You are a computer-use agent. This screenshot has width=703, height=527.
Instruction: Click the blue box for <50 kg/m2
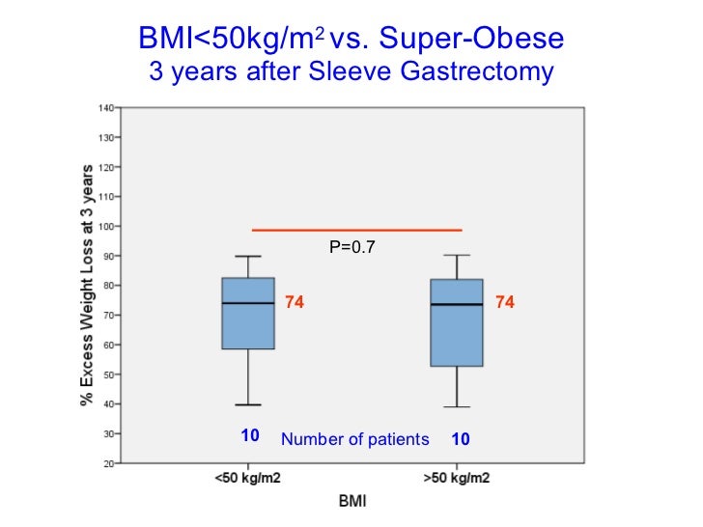(x=248, y=326)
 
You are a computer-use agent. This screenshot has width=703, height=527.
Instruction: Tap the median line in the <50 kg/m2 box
(x=248, y=303)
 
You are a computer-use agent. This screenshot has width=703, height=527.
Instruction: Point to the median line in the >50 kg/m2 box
(x=457, y=304)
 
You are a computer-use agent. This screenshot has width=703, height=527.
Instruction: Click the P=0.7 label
(x=351, y=247)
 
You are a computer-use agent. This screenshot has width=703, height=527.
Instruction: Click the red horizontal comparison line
(x=356, y=230)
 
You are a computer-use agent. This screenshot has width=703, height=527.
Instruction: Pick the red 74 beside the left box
(x=295, y=303)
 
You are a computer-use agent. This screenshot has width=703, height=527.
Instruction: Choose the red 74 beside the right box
(x=504, y=303)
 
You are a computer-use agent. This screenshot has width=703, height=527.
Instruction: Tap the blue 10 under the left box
(x=250, y=436)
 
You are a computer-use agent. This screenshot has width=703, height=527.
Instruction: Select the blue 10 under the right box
(x=461, y=439)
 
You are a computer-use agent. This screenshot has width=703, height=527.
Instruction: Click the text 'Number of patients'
(x=354, y=440)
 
